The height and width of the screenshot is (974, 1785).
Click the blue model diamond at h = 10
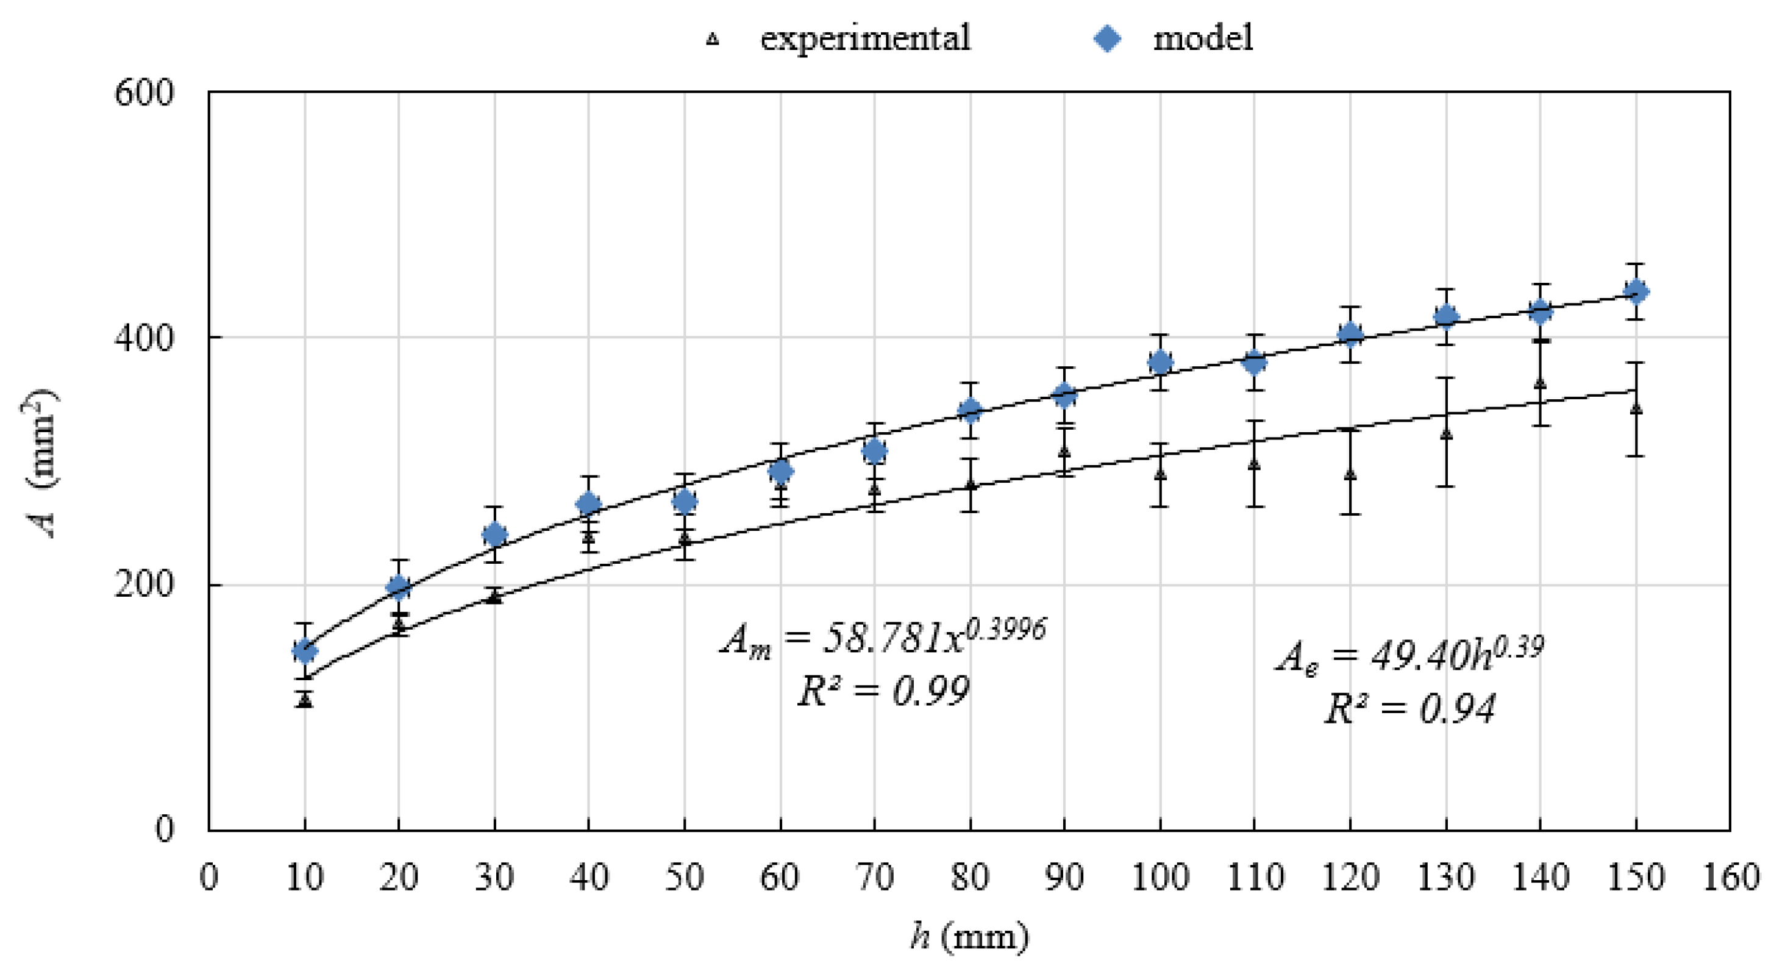305,650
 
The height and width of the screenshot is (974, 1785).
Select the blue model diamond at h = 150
1636,291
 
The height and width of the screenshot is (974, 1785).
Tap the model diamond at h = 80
971,410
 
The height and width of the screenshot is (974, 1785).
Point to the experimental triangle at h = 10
305,700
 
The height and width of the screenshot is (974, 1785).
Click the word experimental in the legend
865,38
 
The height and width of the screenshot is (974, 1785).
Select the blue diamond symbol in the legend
1107,38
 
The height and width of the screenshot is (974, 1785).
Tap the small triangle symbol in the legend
712,40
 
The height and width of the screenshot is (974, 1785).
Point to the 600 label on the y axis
143,93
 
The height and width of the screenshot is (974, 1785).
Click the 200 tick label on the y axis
143,585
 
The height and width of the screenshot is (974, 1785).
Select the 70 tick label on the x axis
874,877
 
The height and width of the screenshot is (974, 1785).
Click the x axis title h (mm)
969,937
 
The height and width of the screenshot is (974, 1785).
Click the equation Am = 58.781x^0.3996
883,636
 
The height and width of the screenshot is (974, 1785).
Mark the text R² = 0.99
883,691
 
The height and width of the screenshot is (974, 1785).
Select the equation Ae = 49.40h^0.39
1409,655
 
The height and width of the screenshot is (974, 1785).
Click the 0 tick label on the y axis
163,828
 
